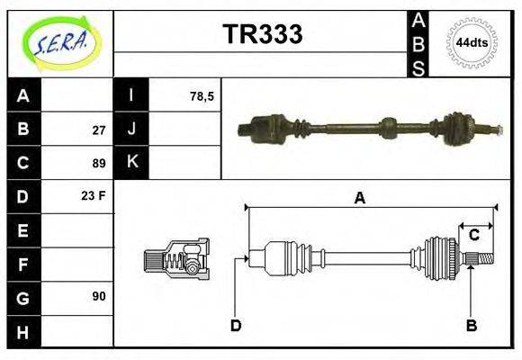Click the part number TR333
click(x=262, y=34)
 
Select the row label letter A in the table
click(x=23, y=95)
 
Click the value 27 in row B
click(x=98, y=130)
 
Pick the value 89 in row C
click(x=98, y=163)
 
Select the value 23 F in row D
click(x=94, y=195)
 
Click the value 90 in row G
click(x=98, y=296)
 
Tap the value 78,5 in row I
click(x=202, y=95)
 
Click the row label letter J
click(x=131, y=130)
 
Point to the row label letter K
click(x=131, y=163)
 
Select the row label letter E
click(x=23, y=230)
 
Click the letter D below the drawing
click(x=236, y=326)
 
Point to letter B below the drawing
click(x=471, y=326)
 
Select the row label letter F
click(x=23, y=264)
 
